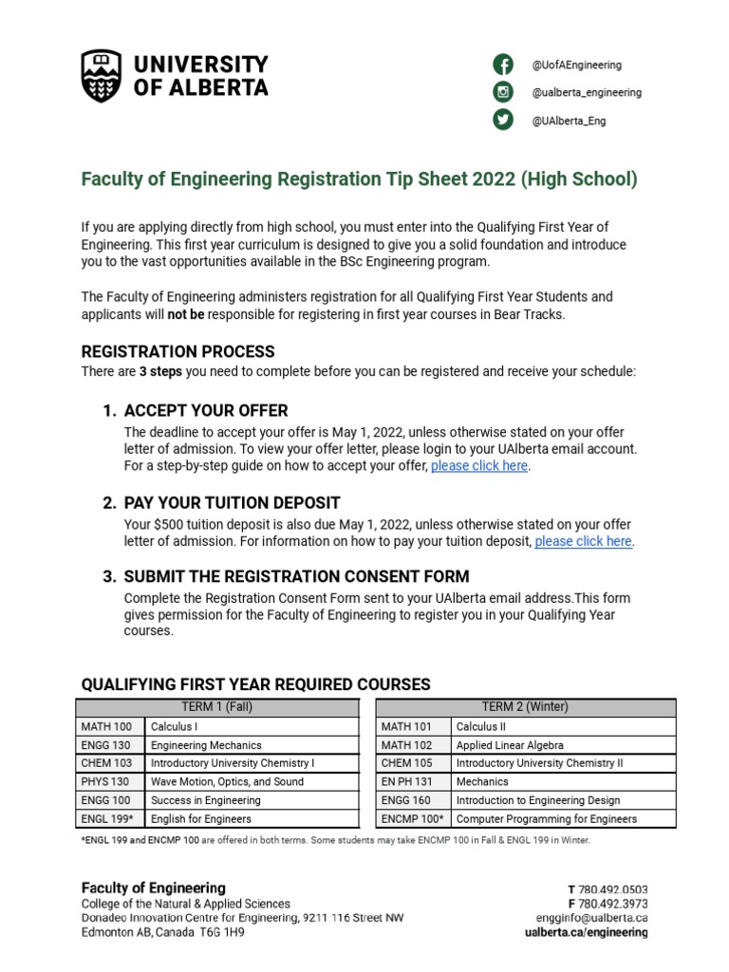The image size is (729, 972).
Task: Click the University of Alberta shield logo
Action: tap(103, 76)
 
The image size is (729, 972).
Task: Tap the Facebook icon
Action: tap(502, 65)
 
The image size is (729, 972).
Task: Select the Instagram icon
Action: tap(502, 92)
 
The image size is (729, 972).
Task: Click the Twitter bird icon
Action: tap(502, 120)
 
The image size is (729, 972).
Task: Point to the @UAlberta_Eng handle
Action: tap(569, 121)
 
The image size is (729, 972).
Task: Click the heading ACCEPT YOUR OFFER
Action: tap(206, 411)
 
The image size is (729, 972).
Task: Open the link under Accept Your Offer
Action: tap(479, 466)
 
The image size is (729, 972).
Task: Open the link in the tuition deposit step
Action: tap(583, 541)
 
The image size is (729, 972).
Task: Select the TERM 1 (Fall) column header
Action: tap(217, 707)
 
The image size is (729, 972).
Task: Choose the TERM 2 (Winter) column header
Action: tap(525, 707)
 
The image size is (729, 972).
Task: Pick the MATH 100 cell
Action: tap(110, 727)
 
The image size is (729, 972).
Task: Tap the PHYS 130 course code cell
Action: tap(110, 782)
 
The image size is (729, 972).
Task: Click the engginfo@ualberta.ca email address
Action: tap(590, 918)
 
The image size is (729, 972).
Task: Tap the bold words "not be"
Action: tap(186, 314)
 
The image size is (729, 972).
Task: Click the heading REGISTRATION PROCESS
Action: tap(178, 352)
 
